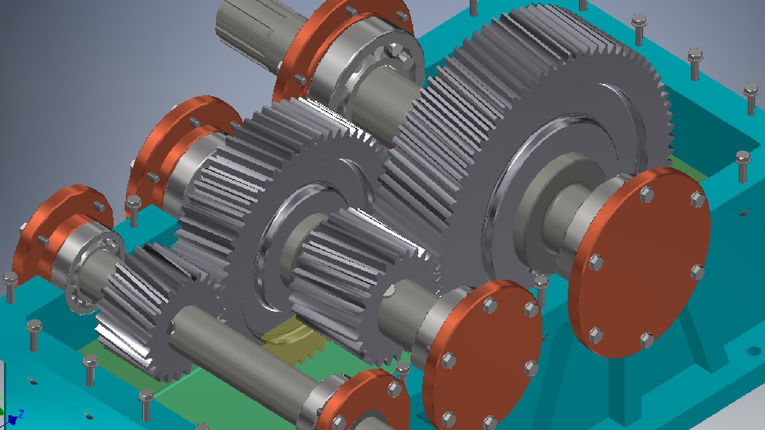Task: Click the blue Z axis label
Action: click(21, 414)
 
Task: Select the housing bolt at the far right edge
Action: click(751, 98)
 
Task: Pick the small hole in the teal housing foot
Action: click(753, 351)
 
